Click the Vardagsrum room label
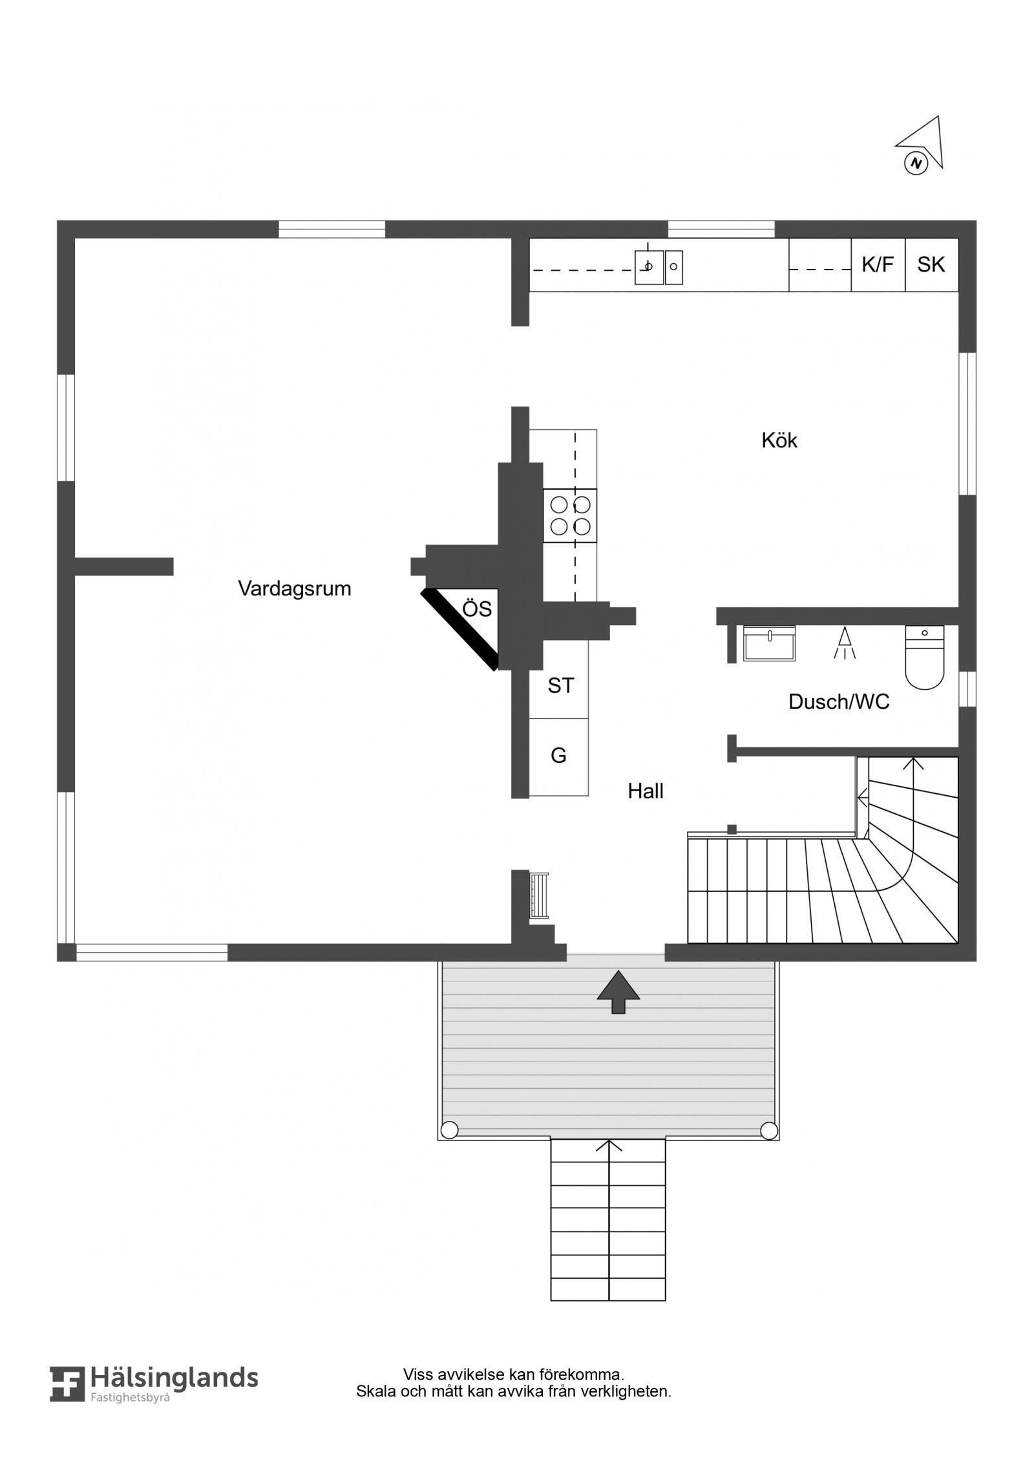coord(294,589)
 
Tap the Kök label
coord(779,440)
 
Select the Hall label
coord(646,791)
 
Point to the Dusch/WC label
coord(839,701)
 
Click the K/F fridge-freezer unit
coord(878,265)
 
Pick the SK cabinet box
coord(931,265)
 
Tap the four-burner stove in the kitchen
coord(569,515)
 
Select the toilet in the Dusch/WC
coord(924,656)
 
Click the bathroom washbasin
coord(769,643)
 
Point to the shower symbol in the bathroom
coord(844,643)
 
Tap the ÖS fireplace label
coord(477,609)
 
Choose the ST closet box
coord(560,679)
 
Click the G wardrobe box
coord(559,756)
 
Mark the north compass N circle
coord(915,163)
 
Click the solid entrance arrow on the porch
coord(618,992)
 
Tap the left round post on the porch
coord(449,1130)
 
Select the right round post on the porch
coord(769,1131)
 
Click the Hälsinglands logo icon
coord(67,1402)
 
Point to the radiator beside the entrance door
coord(539,895)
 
